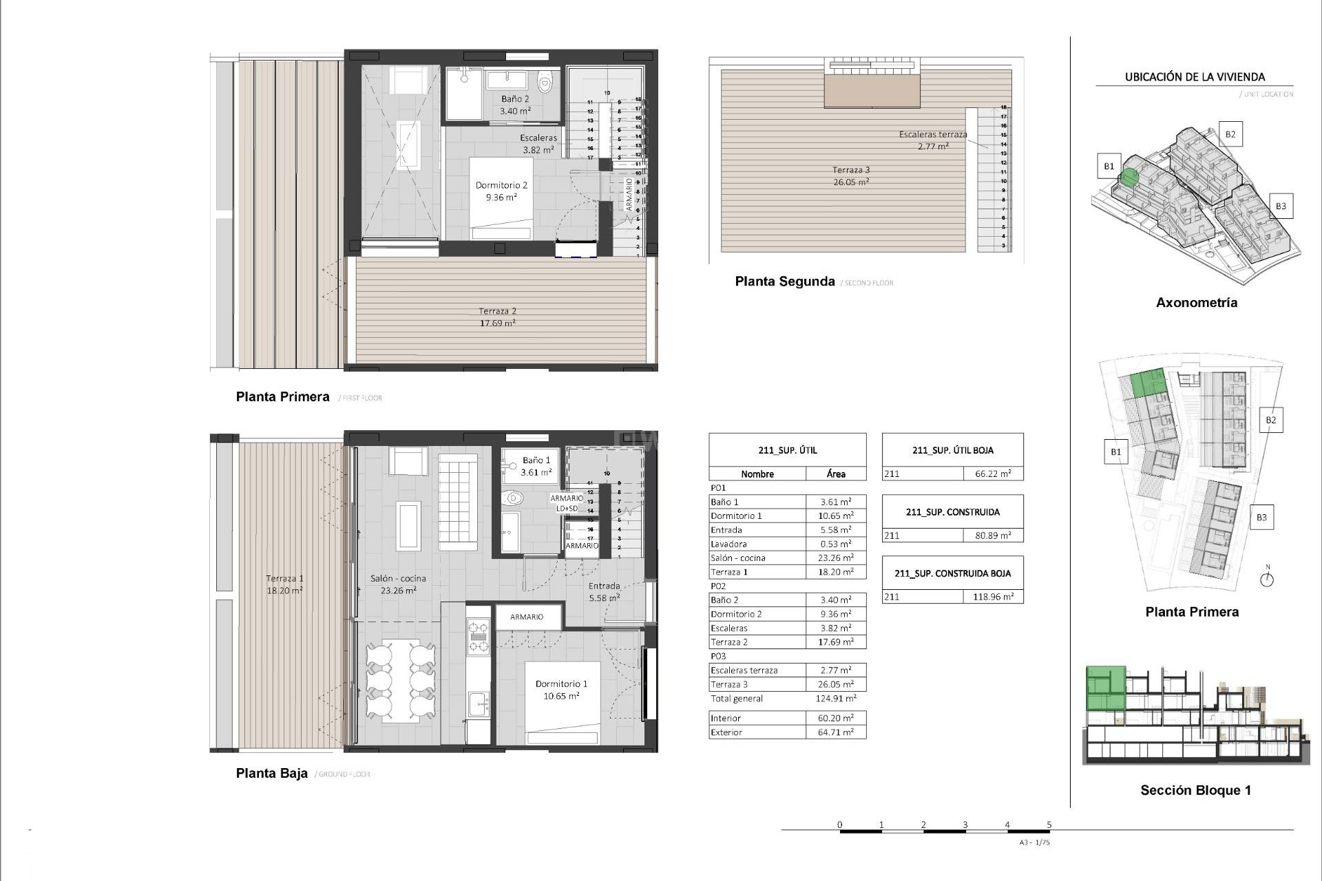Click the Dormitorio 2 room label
click(x=501, y=191)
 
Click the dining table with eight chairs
click(x=401, y=680)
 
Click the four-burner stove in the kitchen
click(x=478, y=636)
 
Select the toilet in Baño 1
click(x=513, y=498)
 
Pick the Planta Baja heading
click(x=271, y=773)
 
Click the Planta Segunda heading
click(x=784, y=282)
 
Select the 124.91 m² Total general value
click(x=836, y=699)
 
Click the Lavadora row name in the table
click(x=728, y=544)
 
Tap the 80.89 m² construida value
click(x=992, y=535)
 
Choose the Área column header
click(x=836, y=474)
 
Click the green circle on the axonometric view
click(x=1129, y=177)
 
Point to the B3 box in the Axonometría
click(x=1280, y=206)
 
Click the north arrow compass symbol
click(x=1267, y=579)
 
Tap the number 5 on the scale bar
click(x=1049, y=825)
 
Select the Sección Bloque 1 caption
click(x=1195, y=790)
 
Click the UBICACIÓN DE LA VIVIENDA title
click(x=1195, y=77)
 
